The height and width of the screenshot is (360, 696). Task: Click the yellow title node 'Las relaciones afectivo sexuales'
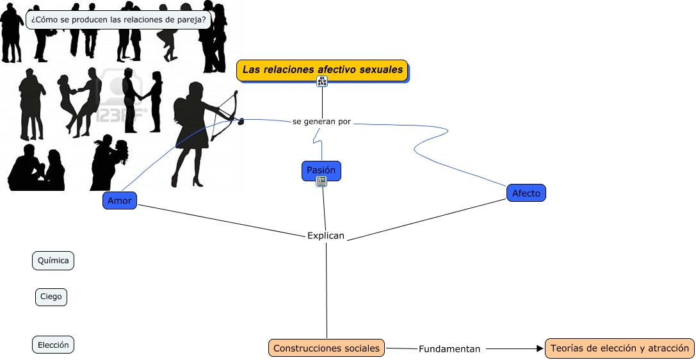point(323,70)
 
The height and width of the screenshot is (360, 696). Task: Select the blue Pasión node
point(321,170)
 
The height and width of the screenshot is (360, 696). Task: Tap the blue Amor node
point(120,200)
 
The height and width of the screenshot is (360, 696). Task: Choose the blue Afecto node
point(526,193)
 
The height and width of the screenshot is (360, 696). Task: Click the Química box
point(53,261)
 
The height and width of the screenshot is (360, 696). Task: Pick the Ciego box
point(51,297)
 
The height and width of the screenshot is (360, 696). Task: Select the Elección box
point(53,345)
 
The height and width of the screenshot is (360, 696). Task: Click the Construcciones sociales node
point(327,348)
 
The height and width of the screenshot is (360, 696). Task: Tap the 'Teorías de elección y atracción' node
point(619,348)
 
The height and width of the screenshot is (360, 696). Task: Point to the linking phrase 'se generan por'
point(321,121)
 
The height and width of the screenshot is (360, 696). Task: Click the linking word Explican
point(326,236)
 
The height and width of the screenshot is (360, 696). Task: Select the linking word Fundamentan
point(449,349)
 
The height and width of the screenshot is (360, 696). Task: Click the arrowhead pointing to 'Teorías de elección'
point(539,348)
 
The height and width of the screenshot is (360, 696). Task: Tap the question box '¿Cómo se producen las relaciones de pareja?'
point(119,20)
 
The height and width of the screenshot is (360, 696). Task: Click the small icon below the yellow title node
point(322,81)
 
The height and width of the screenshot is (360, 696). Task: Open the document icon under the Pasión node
point(321,182)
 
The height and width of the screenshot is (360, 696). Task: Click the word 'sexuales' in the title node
point(383,69)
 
